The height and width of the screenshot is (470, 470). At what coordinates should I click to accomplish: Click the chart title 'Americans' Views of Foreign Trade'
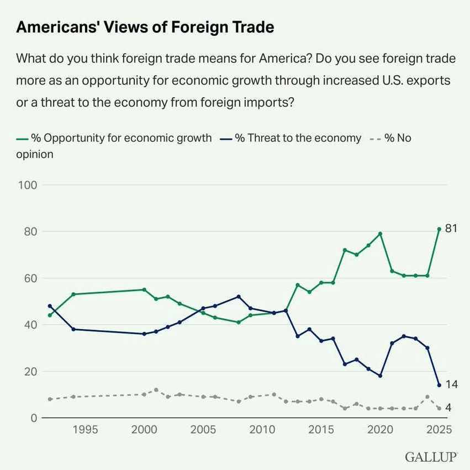145,28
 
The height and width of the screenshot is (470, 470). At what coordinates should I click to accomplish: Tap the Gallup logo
431,457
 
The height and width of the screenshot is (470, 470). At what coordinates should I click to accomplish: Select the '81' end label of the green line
451,229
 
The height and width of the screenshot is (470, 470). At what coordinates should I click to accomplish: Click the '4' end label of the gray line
448,408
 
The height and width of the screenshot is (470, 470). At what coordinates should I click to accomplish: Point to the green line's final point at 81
439,229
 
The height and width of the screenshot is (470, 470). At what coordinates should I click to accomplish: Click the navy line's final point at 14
439,385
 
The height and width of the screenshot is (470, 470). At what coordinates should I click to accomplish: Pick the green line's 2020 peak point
380,234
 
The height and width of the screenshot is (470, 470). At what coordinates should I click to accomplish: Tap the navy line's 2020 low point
380,376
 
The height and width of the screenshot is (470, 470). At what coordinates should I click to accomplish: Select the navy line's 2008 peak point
239,297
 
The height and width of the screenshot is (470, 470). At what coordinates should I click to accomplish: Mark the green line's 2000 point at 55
144,289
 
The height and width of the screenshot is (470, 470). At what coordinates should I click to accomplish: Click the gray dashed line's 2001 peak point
156,390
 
